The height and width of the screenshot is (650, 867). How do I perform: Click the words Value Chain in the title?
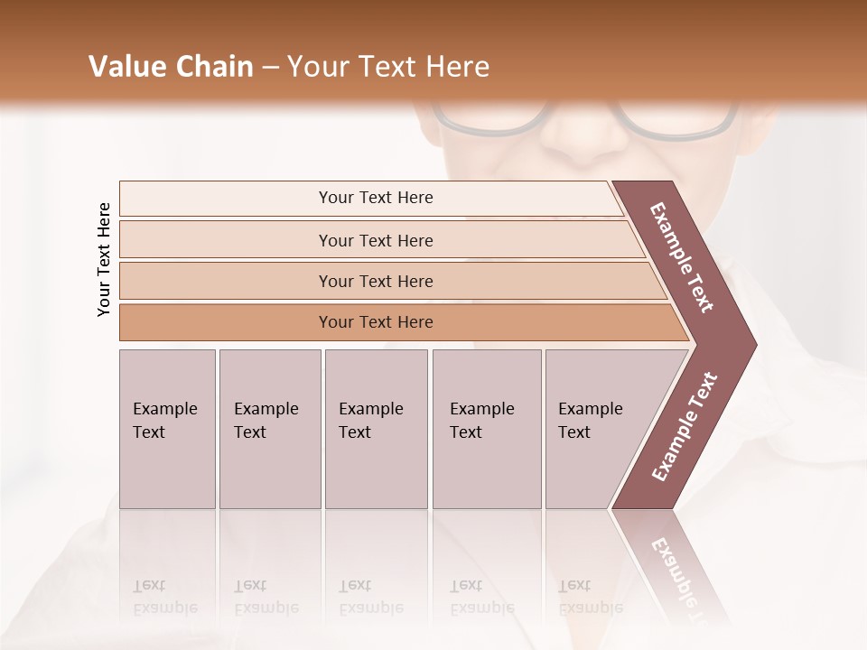click(171, 67)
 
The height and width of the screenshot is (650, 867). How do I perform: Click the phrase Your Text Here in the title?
click(387, 67)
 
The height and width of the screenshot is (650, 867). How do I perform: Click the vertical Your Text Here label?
click(104, 259)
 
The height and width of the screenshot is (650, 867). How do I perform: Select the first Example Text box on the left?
click(167, 428)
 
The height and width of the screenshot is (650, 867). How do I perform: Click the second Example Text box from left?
click(270, 428)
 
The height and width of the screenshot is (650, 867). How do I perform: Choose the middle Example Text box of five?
click(376, 428)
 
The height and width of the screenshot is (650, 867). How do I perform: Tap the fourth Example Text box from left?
click(487, 428)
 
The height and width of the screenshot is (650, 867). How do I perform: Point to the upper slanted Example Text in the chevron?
click(683, 257)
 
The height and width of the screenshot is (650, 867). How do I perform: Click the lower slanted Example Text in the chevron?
click(684, 427)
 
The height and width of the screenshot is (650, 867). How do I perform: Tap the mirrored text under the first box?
click(165, 597)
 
